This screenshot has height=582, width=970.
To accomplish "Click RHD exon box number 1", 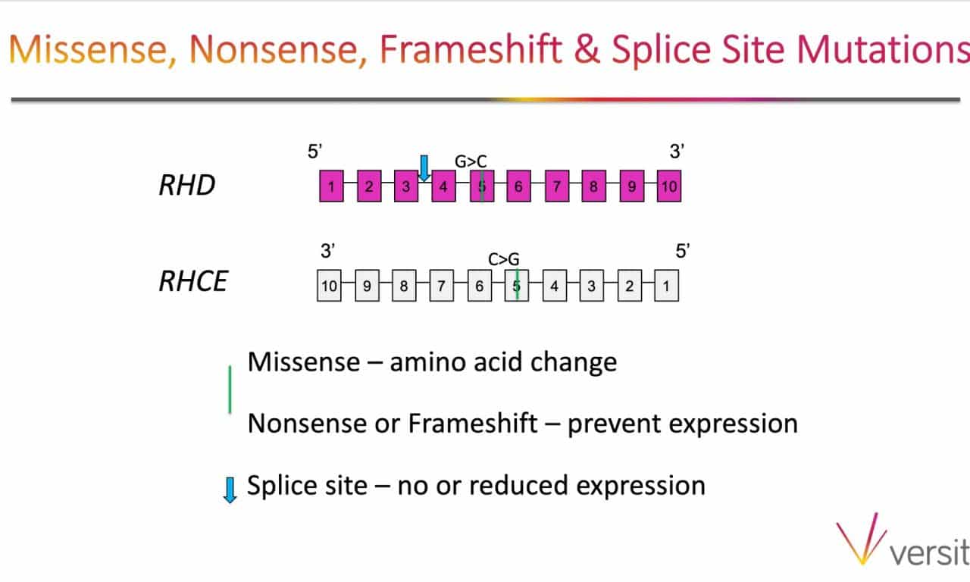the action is [331, 186].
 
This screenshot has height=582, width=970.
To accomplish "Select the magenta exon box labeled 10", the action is [669, 186].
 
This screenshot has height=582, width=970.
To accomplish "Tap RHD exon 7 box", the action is [557, 186].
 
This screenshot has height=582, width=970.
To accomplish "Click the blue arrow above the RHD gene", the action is [424, 168].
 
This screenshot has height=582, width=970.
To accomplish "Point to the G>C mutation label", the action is [471, 161].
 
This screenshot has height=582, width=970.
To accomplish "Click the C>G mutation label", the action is [504, 259].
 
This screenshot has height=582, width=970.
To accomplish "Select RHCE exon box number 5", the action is [517, 286].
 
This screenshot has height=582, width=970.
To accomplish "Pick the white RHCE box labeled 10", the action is [329, 286].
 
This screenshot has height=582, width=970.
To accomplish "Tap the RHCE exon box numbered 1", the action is [666, 286].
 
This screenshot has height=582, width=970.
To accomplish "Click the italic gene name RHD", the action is [187, 185].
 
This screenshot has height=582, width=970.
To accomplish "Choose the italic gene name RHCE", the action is [193, 281].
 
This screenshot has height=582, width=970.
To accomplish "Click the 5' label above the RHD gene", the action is [314, 151].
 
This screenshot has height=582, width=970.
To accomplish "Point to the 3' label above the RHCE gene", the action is [328, 251].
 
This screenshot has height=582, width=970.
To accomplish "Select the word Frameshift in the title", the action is [471, 49].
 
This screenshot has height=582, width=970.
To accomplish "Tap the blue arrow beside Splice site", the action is [230, 490].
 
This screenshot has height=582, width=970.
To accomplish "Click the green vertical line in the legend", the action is [230, 390].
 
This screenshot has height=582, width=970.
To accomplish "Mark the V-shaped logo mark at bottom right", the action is [861, 539].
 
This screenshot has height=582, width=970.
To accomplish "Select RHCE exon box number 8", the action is [404, 286].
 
